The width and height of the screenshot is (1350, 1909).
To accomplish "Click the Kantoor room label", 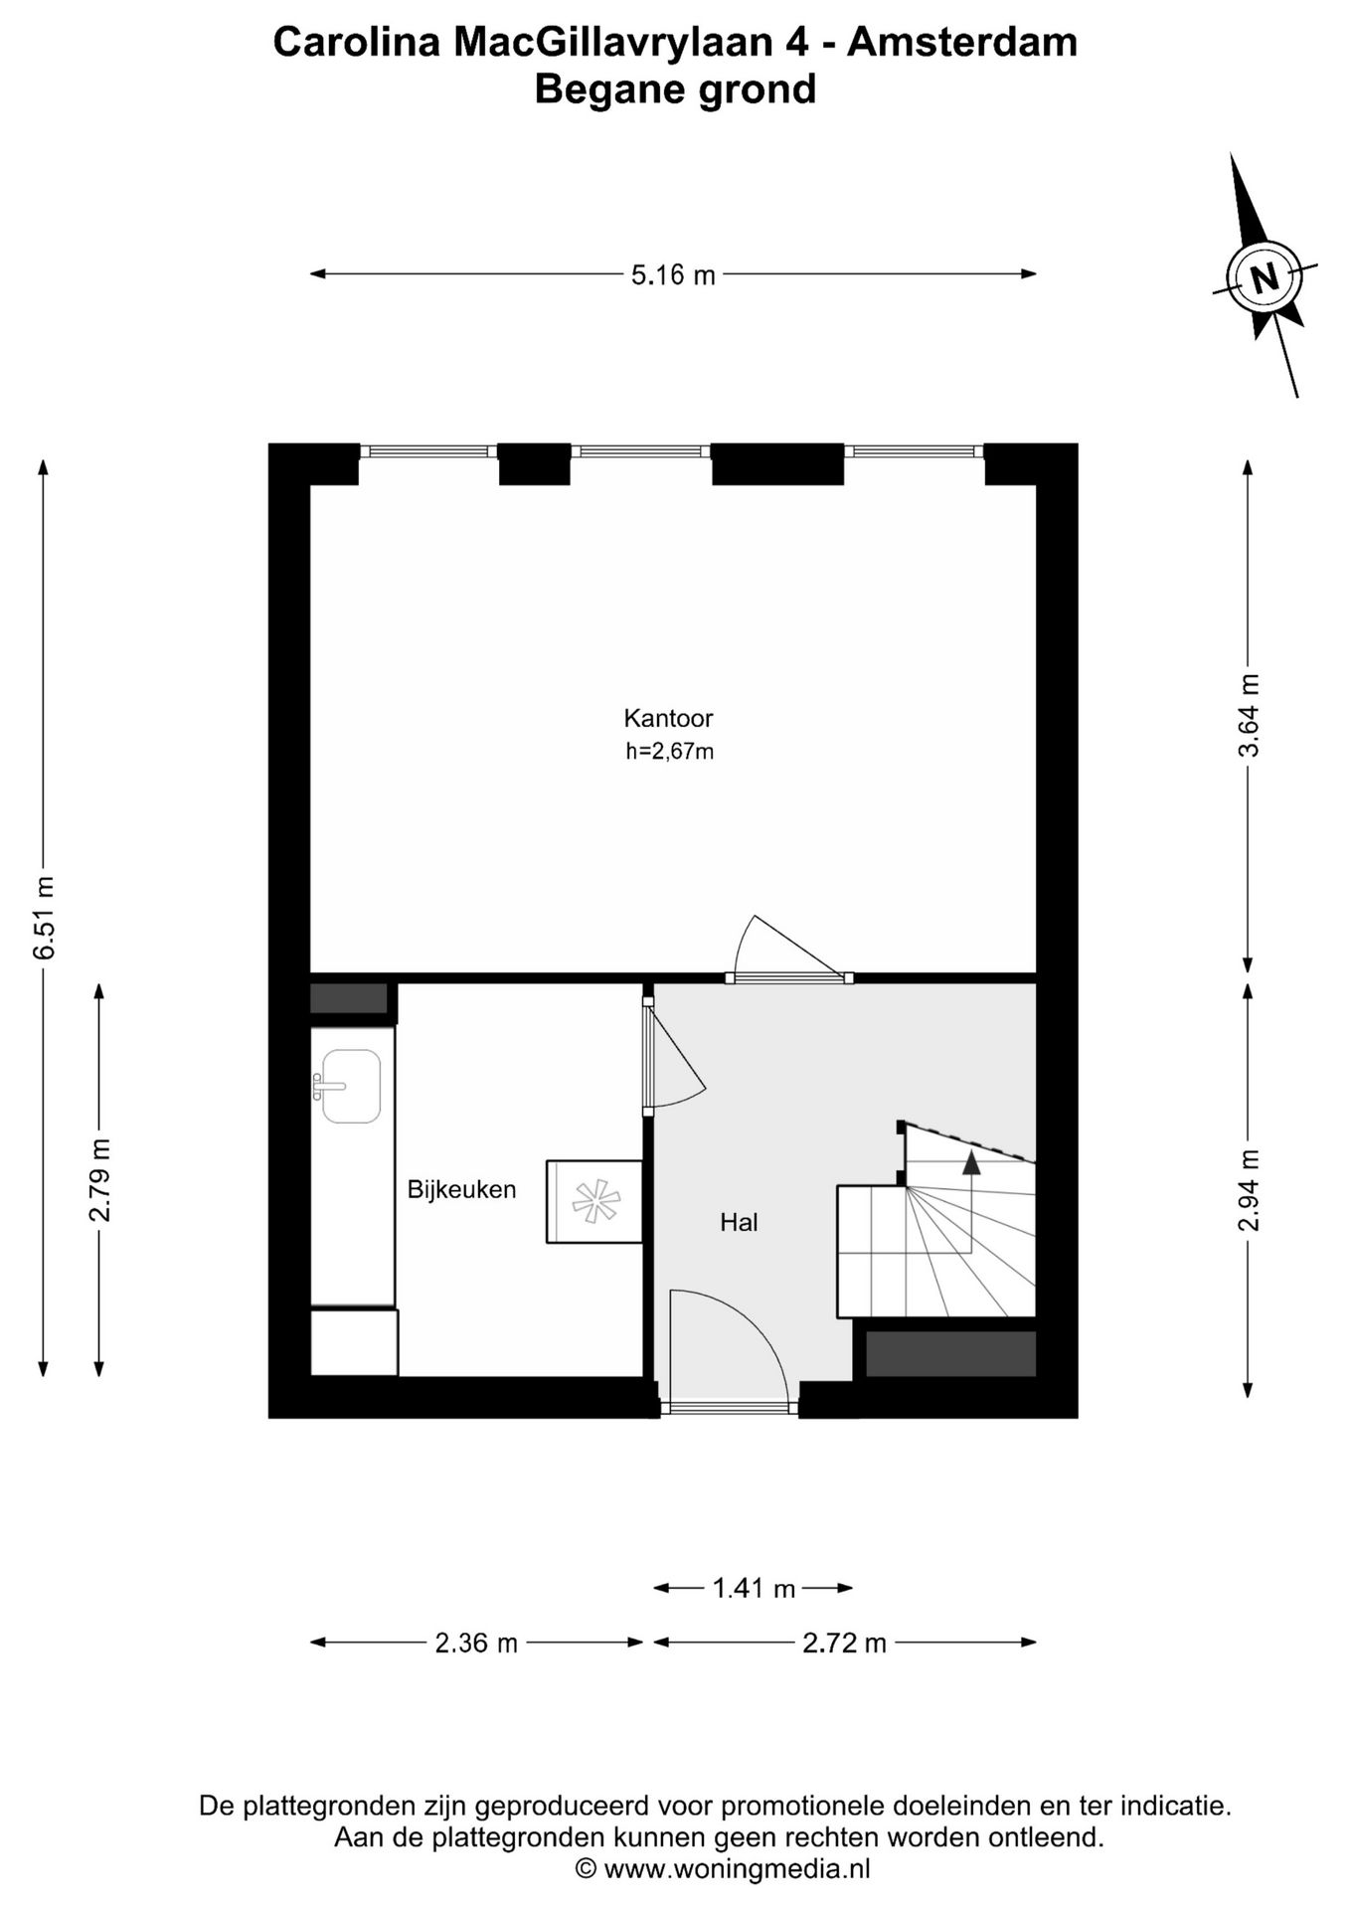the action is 668,717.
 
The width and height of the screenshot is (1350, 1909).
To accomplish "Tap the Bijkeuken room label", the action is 461,1189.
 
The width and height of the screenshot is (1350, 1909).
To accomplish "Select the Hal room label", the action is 739,1222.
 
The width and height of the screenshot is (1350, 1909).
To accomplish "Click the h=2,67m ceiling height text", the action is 669,752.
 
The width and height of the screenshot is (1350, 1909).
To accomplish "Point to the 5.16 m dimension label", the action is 673,274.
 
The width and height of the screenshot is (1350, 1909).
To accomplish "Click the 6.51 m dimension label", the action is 45,918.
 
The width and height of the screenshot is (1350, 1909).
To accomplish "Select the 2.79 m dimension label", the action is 100,1180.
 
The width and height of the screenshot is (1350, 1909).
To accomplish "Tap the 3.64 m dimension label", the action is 1249,716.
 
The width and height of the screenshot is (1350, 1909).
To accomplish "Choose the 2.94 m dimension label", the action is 1249,1190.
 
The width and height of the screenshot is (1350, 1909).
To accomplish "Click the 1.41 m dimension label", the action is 754,1589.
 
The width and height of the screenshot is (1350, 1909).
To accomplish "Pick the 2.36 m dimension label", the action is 476,1644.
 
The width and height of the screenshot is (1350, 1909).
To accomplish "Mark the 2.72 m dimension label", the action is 844,1644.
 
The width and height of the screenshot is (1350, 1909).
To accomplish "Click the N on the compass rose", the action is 1265,276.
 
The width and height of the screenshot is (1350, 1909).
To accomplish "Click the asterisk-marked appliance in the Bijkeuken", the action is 593,1201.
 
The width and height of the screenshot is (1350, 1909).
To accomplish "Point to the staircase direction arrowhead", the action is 971,1162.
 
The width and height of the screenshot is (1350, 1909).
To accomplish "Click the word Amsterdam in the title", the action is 962,43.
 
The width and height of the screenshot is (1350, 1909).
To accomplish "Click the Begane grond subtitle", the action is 675,89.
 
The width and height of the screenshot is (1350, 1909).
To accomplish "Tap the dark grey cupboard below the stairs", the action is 950,1353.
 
